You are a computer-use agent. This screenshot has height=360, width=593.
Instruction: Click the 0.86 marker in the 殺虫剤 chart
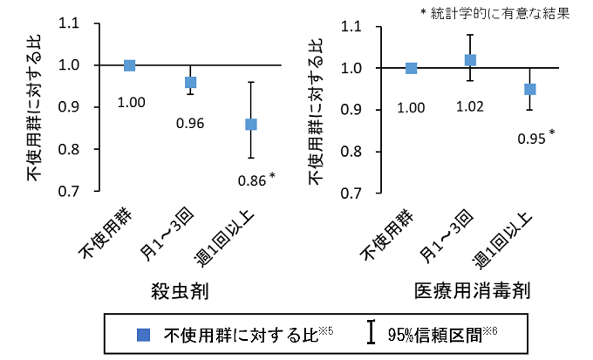pos(251,124)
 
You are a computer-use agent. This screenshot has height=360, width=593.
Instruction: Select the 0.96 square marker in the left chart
pos(190,82)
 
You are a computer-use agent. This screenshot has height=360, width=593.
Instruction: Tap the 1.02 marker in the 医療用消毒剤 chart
pos(471,60)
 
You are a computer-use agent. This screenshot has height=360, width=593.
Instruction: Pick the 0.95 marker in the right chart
pos(529,89)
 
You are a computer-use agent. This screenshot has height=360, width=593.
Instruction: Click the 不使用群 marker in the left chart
pos(130,65)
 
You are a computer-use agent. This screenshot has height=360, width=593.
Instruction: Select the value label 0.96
pos(190,123)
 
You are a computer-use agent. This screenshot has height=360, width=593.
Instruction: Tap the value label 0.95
pos(531,138)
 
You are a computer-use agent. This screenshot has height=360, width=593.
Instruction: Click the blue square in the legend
pos(145,334)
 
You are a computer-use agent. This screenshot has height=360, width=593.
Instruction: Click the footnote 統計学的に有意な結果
pos(500,13)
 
